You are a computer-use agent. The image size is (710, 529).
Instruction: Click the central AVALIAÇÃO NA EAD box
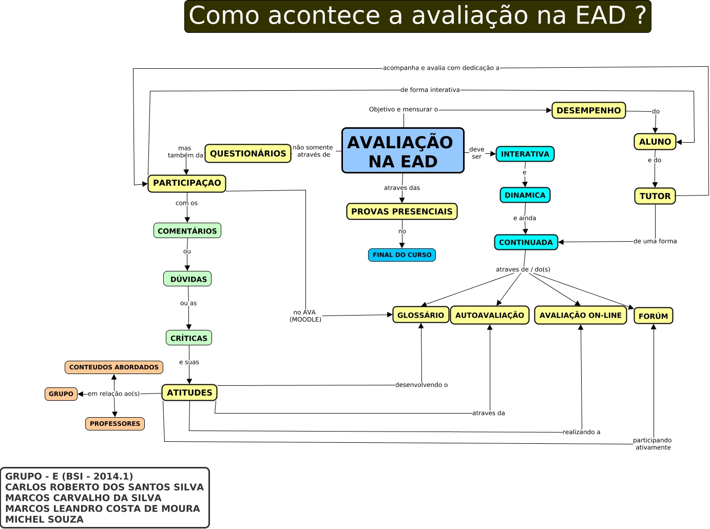point(403,151)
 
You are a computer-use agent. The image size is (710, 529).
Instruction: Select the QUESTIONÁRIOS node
point(248,153)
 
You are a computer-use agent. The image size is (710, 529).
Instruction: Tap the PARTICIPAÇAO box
point(187,183)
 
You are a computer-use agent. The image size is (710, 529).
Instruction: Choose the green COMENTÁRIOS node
point(187,231)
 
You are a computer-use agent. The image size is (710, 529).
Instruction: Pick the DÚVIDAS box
point(188,279)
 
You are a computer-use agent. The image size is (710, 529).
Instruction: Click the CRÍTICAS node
point(189,338)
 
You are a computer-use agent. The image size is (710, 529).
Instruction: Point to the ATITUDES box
point(189,393)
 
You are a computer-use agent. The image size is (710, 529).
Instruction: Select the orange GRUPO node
point(61,394)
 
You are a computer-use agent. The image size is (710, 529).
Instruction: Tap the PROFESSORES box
point(115,424)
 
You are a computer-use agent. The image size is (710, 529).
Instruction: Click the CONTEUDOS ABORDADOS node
point(114,367)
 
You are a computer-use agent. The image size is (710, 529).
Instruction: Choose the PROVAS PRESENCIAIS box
point(402,211)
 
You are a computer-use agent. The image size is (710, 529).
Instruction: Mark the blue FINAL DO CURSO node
point(402,255)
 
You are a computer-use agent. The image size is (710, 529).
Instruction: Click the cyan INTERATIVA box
point(525,154)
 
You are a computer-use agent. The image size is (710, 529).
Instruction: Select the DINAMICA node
point(525,195)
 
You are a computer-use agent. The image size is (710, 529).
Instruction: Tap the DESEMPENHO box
point(589,110)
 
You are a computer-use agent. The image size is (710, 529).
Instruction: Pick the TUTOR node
point(655,196)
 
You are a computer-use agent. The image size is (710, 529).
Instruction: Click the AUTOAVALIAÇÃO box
point(490,315)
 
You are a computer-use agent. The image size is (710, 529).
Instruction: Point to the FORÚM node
point(654,316)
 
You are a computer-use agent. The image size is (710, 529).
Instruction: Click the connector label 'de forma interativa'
point(430,90)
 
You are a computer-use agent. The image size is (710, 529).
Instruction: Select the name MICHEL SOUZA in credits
point(45,519)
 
